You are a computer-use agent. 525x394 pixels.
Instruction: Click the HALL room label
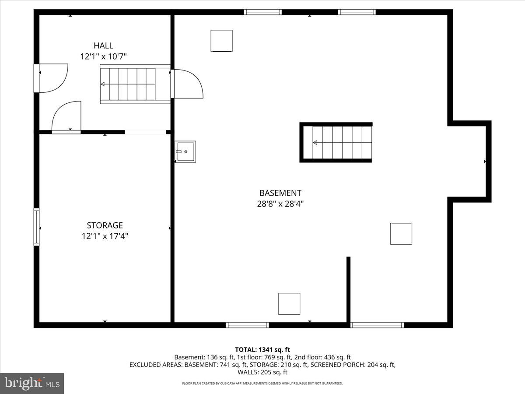103,46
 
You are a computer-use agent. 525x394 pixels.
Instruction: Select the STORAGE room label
105,225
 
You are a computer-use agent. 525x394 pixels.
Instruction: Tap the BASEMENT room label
280,193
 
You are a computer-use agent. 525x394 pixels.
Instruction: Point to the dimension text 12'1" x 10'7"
103,56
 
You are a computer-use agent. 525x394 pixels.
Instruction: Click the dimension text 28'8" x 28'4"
280,204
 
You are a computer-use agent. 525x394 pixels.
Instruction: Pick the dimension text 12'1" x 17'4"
105,236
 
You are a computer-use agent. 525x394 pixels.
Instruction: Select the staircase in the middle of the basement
336,143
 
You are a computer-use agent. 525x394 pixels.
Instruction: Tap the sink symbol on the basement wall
185,151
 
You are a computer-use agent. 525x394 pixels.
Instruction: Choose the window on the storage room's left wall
37,227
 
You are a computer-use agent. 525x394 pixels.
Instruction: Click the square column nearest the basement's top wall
221,41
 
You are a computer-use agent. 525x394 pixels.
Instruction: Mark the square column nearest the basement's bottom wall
289,304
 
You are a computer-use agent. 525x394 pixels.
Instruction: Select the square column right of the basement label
401,234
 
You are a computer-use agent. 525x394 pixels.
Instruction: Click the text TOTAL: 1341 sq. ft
262,349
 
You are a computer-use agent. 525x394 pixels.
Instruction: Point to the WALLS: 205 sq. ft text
262,372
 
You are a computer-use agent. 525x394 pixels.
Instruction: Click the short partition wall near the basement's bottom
348,289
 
